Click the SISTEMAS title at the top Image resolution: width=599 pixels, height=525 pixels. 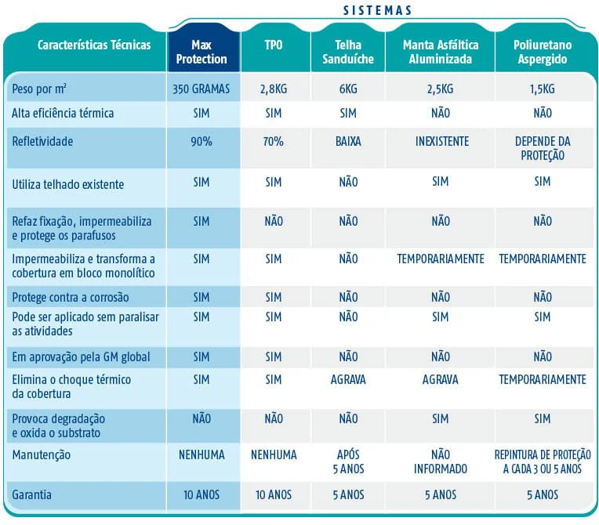377,10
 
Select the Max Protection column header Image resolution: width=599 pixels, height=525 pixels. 201,52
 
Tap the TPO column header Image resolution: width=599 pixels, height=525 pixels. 274,45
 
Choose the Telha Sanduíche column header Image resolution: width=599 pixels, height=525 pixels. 348,52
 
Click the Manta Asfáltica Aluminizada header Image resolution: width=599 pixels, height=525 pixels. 441,52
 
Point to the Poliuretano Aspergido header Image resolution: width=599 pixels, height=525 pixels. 543,52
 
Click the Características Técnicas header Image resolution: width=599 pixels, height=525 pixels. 94,45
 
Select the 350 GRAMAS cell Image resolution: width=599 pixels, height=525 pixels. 201,89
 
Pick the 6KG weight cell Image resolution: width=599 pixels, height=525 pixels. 348,89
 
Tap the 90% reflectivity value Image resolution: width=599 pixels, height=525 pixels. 201,142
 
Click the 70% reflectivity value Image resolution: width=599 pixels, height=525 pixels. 274,142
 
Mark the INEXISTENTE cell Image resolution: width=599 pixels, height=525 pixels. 442,142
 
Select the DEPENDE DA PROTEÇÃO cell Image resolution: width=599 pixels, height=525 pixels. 543,149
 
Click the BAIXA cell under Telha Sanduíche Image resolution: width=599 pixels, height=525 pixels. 348,142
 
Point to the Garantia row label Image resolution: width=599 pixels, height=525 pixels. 31,495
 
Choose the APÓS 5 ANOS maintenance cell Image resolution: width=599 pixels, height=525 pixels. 348,462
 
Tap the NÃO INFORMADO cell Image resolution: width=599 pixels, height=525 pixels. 441,462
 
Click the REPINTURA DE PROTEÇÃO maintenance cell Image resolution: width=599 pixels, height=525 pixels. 543,462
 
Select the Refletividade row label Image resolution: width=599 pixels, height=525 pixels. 42,142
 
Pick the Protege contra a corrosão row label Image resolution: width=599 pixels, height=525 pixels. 71,298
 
